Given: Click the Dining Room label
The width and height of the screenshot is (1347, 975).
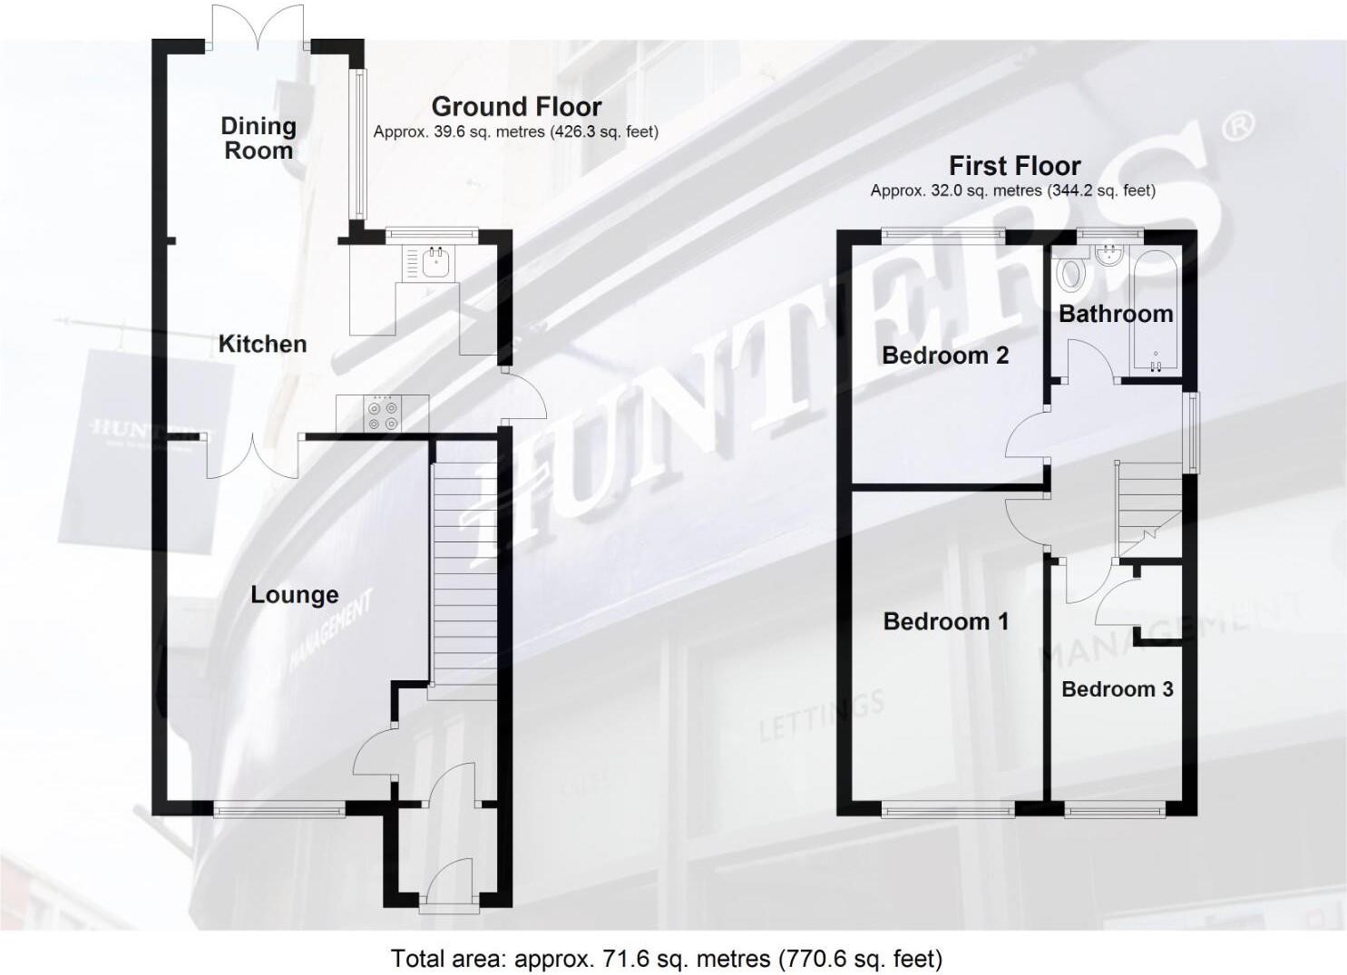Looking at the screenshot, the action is point(259,138).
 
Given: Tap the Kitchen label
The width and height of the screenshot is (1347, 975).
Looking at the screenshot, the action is point(262,344).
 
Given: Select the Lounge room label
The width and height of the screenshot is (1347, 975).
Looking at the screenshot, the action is point(295,595).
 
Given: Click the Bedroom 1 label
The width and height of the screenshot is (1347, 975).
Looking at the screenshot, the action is point(945,621).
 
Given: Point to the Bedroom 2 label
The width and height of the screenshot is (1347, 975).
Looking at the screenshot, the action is point(945,355).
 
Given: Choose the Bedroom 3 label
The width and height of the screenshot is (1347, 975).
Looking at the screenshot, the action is point(1117,689).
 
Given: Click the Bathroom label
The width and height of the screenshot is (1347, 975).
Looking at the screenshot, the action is point(1116,314).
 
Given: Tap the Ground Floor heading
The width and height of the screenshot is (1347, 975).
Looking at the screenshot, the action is point(516,106).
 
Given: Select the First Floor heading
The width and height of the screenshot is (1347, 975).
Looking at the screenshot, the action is point(1014,166).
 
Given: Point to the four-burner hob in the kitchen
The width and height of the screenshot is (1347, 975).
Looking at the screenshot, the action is point(382,414).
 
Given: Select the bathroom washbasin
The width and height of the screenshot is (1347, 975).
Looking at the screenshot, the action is point(1108,256).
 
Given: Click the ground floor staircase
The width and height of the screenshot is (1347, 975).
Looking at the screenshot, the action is point(464,567).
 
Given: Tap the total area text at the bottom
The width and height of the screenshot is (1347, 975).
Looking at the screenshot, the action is point(667,958).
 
